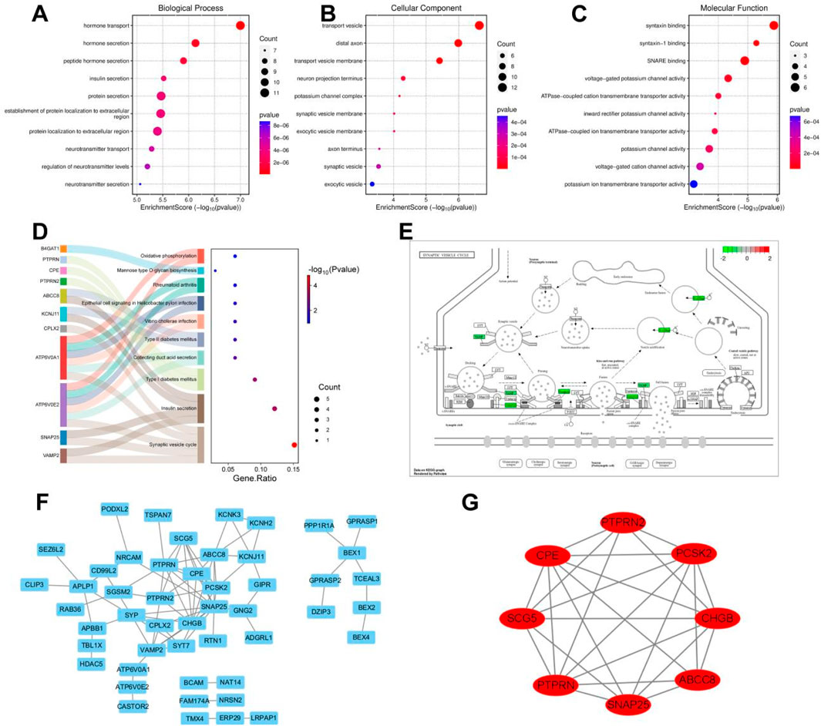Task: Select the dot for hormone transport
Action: pyautogui.click(x=240, y=25)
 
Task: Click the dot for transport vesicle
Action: pyautogui.click(x=479, y=25)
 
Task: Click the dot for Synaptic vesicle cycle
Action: pyautogui.click(x=294, y=445)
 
